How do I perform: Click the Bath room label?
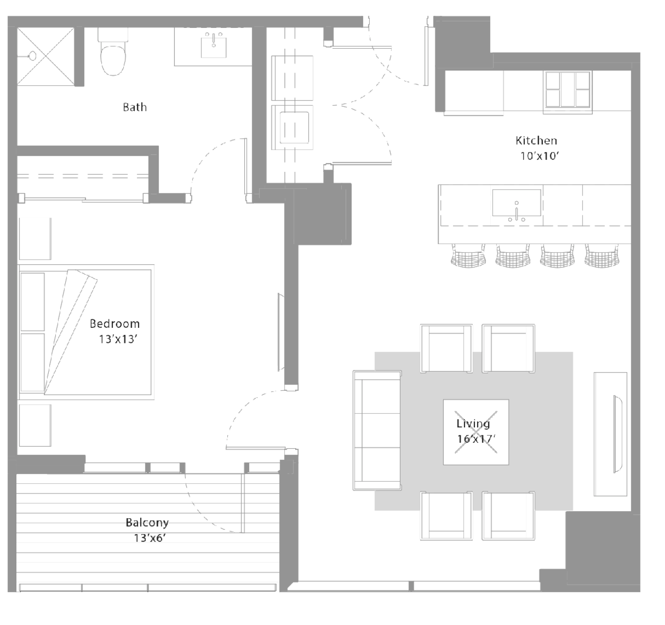(x=135, y=107)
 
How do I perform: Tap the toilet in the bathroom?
(x=113, y=51)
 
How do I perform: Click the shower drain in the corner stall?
(x=32, y=55)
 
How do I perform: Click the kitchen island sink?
(x=516, y=203)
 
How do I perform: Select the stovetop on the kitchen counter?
(x=567, y=89)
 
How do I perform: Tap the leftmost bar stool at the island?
(x=468, y=256)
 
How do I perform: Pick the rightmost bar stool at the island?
(x=602, y=256)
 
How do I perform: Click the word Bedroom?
(x=115, y=323)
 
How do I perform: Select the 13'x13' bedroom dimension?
(x=118, y=339)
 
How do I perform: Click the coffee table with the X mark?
(x=476, y=432)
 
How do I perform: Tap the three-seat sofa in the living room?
(x=377, y=430)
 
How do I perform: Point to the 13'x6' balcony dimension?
(x=150, y=538)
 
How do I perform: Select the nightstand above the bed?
(x=35, y=239)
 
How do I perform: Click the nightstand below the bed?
(x=35, y=425)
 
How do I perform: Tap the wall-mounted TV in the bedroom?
(x=281, y=332)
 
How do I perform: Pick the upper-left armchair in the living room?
(x=446, y=348)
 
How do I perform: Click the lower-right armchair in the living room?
(x=509, y=516)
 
